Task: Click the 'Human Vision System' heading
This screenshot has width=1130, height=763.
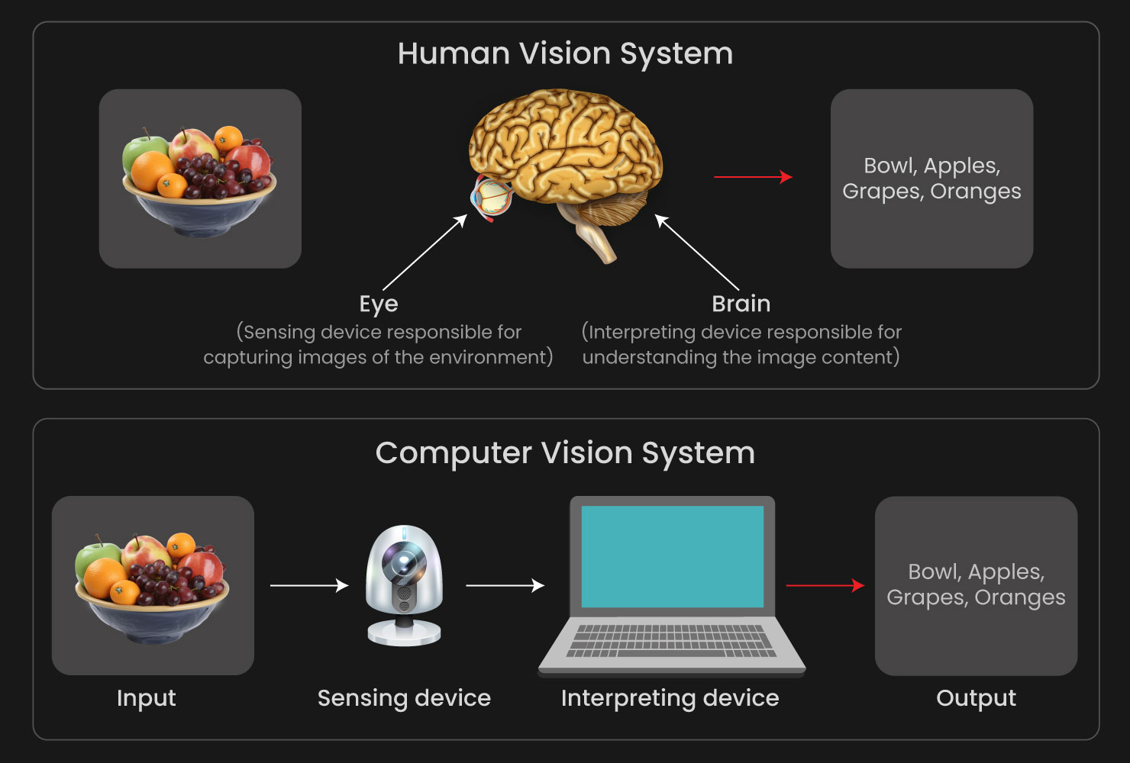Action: (x=565, y=54)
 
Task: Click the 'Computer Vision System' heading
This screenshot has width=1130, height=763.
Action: (x=565, y=453)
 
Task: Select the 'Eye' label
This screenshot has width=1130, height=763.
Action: (x=379, y=304)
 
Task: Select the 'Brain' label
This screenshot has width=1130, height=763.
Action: (x=741, y=304)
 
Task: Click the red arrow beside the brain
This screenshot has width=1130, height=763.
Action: (x=753, y=177)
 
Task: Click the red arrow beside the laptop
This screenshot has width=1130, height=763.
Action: (x=825, y=585)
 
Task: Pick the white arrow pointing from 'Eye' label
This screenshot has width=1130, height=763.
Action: (x=425, y=253)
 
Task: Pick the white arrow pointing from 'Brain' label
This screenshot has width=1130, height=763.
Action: (x=696, y=253)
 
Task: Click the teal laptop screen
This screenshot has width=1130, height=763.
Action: (x=672, y=556)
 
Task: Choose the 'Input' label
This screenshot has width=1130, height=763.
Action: (x=147, y=698)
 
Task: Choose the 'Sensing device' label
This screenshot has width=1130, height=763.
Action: (x=404, y=698)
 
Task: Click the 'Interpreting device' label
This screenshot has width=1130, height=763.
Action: (x=670, y=698)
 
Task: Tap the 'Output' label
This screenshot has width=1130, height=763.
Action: (x=976, y=698)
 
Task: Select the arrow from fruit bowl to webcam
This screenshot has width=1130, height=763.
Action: (x=309, y=585)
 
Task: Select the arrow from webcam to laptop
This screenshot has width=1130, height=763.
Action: (x=505, y=585)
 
